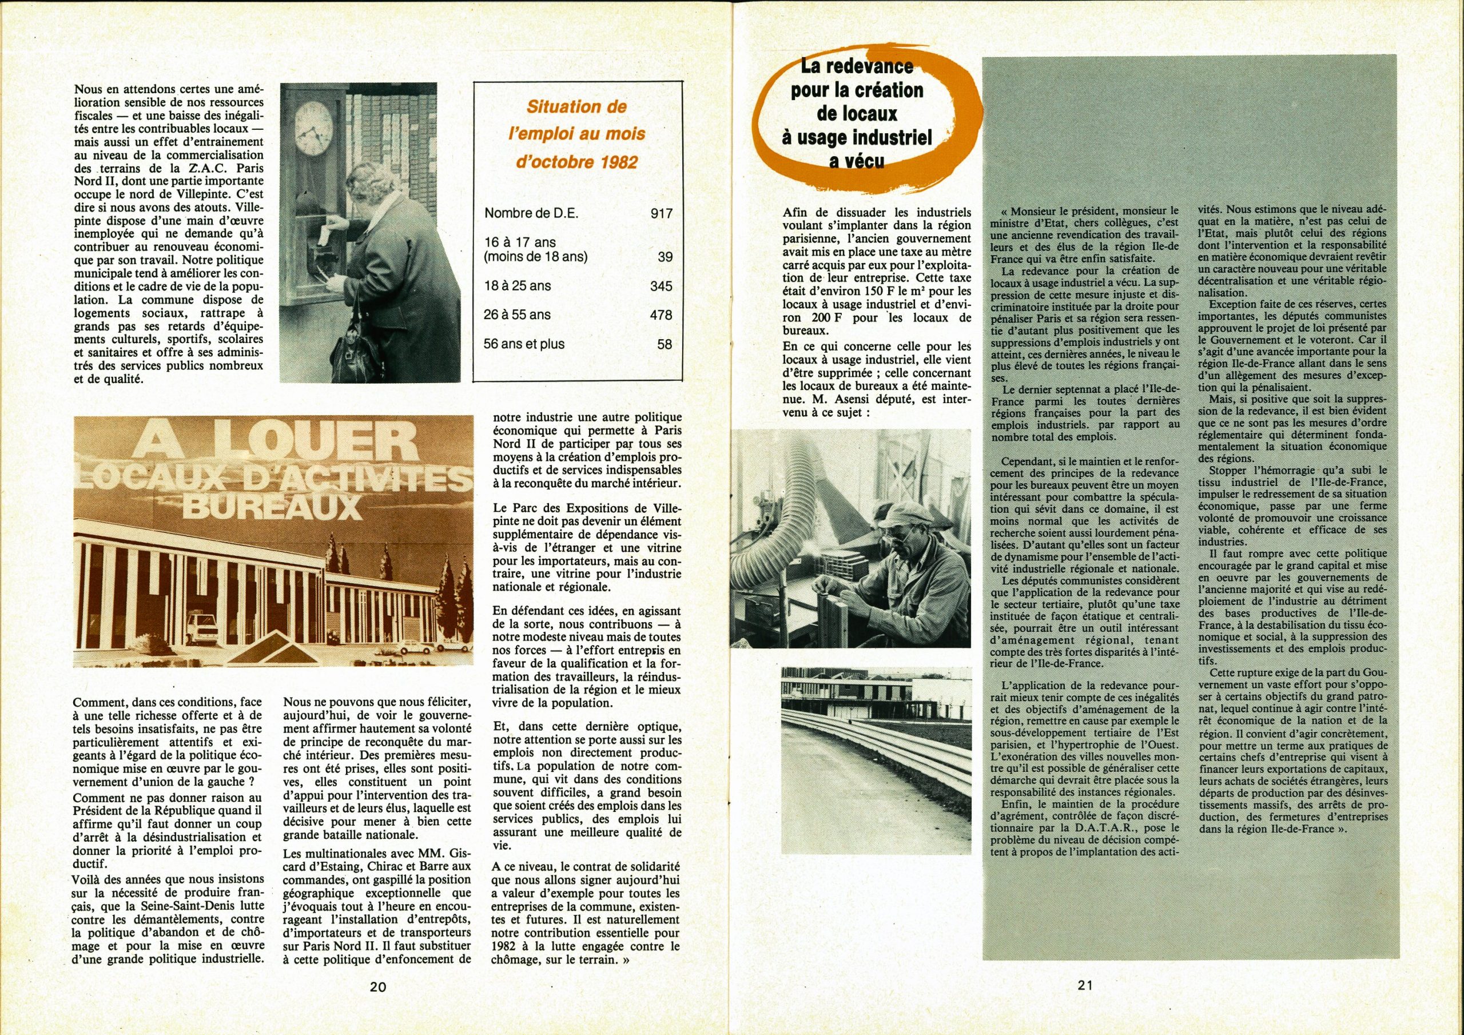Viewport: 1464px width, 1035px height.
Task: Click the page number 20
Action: [377, 986]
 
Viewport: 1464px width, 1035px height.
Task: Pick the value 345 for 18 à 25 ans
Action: [661, 286]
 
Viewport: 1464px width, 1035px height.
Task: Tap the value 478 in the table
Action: [661, 315]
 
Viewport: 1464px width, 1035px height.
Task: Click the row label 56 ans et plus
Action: [524, 344]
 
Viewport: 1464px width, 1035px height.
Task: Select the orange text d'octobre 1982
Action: [576, 162]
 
